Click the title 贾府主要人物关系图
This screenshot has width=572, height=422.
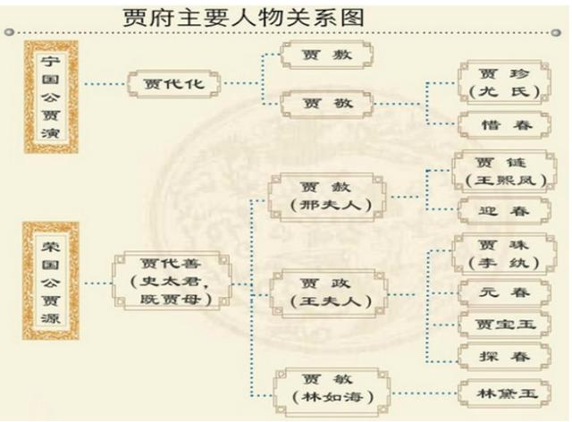(x=244, y=18)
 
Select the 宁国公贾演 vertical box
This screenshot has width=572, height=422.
(x=51, y=97)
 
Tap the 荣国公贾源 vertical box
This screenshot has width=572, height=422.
(x=51, y=281)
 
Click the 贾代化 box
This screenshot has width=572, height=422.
(x=174, y=84)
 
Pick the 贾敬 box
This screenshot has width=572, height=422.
(x=327, y=104)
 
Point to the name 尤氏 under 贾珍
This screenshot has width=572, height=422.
(x=505, y=91)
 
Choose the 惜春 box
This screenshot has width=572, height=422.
(x=505, y=125)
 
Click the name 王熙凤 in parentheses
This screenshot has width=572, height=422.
(x=505, y=180)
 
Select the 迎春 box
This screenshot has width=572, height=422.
(x=504, y=211)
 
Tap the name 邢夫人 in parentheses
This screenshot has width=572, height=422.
(x=331, y=205)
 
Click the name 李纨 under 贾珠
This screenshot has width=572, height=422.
(x=505, y=263)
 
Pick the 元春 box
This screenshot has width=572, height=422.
(x=504, y=292)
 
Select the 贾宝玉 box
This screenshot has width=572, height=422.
(x=504, y=325)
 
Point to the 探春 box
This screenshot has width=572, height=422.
(x=504, y=357)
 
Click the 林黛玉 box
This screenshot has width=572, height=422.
(x=505, y=393)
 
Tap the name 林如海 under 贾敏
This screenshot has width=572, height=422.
(x=332, y=397)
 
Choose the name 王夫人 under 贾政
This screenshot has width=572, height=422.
(x=331, y=301)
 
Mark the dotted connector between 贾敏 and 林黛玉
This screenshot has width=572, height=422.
(x=424, y=393)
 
